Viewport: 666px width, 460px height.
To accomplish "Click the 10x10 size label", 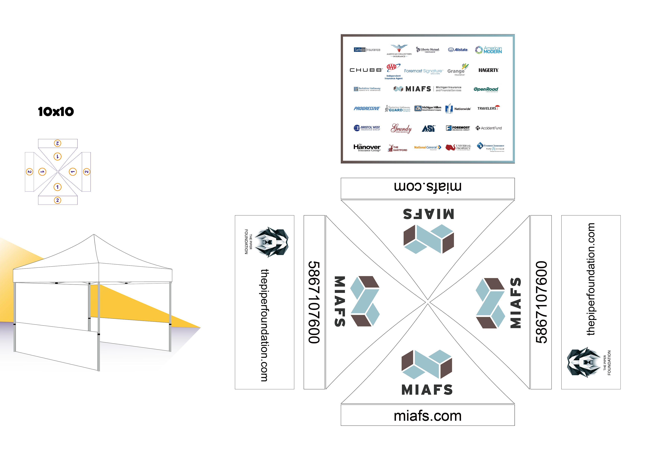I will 56,112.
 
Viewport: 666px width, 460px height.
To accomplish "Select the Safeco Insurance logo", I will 367,50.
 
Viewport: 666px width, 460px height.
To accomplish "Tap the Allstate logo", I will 458,50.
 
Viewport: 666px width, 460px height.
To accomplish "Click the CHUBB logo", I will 366,70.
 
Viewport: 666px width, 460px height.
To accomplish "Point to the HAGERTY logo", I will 488,70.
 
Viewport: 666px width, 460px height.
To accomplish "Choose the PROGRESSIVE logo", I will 367,108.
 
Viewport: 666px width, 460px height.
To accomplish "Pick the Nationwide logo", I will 458,109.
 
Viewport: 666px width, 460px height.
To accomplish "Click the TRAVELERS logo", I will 488,108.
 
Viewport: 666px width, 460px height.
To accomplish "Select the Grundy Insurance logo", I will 401,128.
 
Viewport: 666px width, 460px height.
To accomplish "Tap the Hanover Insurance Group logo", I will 367,148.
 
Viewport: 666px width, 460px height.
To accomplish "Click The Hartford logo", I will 398,148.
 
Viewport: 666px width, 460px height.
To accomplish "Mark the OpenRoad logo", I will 486,89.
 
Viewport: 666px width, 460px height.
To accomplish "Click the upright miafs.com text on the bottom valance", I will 427,416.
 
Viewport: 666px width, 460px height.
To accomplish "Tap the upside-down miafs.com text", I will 427,187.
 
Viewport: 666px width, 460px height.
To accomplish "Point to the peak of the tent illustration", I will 94,235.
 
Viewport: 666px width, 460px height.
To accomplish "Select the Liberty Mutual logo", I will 428,50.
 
